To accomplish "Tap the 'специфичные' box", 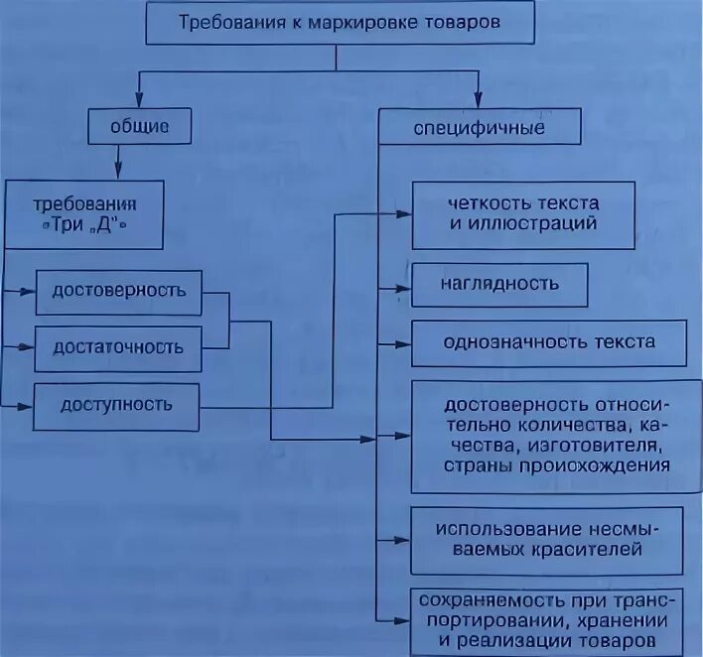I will (478, 129).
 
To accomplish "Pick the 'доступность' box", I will (117, 404).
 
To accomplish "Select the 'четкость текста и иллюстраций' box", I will (522, 213).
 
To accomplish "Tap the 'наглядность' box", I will (499, 284).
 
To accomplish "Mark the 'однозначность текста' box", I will (549, 342).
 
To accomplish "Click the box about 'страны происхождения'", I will (549, 436).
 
